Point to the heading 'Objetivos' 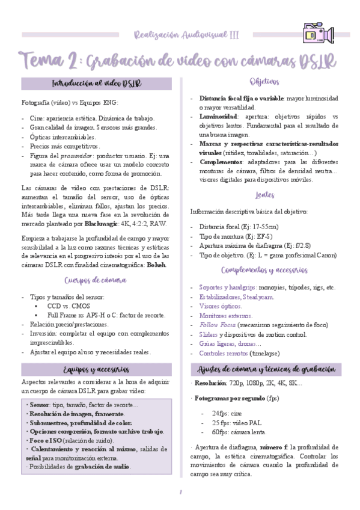(x=265, y=81)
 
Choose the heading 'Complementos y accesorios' (x=265, y=271)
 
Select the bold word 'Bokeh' (x=157, y=265)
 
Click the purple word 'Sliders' (x=208, y=334)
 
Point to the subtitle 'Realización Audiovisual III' (x=186, y=35)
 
